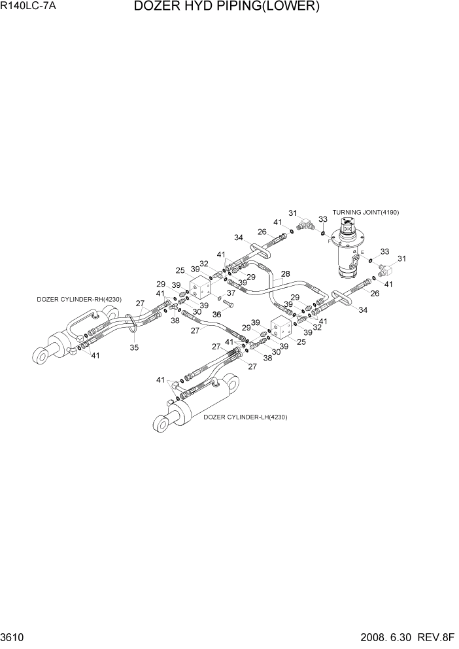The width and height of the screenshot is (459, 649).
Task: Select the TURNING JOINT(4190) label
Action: click(365, 213)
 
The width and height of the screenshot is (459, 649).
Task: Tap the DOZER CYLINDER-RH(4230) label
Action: click(79, 300)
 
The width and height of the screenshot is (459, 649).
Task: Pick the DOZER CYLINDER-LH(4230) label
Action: click(245, 417)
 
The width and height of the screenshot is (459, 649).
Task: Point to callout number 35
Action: click(134, 347)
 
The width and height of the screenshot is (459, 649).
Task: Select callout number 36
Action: click(216, 314)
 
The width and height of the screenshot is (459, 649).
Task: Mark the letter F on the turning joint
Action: click(330, 241)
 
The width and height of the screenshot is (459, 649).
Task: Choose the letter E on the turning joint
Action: click(362, 251)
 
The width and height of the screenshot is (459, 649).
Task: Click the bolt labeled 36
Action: click(228, 304)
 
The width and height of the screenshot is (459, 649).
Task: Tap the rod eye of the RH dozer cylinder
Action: click(41, 355)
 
